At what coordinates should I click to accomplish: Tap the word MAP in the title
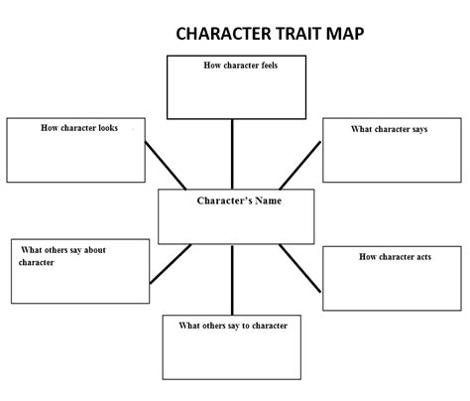[345, 34]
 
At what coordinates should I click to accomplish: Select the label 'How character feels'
[241, 66]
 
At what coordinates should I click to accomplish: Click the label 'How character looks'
[79, 128]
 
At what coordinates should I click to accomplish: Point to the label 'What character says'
[390, 129]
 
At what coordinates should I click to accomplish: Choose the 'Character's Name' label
[239, 200]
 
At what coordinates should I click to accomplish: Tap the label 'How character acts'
[396, 257]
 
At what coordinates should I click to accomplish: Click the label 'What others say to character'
[233, 326]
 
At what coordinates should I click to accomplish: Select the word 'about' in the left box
[95, 250]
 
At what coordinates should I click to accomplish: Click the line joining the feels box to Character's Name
[232, 154]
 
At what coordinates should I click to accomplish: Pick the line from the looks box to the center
[166, 166]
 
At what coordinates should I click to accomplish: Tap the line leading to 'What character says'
[299, 166]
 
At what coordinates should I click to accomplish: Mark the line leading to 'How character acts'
[299, 268]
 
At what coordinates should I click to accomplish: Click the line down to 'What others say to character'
[232, 280]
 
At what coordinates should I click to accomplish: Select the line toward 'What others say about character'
[171, 264]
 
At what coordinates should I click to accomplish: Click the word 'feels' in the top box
[270, 66]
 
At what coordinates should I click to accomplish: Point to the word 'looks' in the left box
[108, 128]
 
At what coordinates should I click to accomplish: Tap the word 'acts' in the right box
[423, 257]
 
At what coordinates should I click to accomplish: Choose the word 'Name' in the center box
[269, 200]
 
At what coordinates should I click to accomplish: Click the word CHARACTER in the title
[223, 34]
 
